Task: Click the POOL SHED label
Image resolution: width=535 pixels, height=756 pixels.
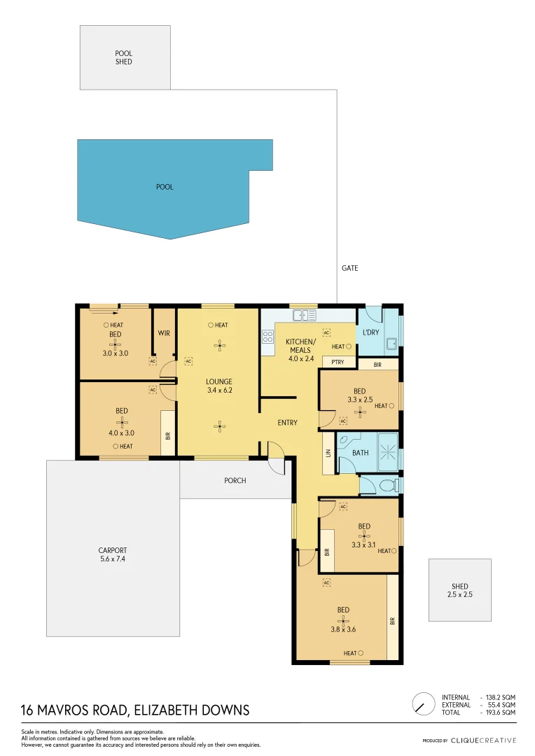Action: pyautogui.click(x=124, y=57)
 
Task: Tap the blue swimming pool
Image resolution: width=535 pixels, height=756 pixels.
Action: pyautogui.click(x=165, y=188)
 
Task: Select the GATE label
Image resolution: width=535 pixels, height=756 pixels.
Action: pyautogui.click(x=349, y=268)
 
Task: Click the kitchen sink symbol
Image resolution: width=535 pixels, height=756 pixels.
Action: pyautogui.click(x=305, y=316)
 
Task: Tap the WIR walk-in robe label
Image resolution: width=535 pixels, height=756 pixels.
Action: pyautogui.click(x=164, y=333)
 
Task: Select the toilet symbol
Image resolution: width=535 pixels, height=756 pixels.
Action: pyautogui.click(x=387, y=484)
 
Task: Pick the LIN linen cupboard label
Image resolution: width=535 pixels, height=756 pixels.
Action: pyautogui.click(x=327, y=453)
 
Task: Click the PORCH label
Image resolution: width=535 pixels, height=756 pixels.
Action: pyautogui.click(x=235, y=481)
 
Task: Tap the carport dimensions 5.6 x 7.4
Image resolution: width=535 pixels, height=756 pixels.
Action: pyautogui.click(x=112, y=559)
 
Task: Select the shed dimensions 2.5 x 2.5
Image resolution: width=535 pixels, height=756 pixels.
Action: pyautogui.click(x=460, y=594)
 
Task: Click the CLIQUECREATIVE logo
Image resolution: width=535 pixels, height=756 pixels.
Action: pyautogui.click(x=483, y=740)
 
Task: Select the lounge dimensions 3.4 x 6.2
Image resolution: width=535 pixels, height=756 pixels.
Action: pyautogui.click(x=218, y=391)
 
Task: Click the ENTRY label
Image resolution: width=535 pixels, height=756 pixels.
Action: pyautogui.click(x=287, y=423)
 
